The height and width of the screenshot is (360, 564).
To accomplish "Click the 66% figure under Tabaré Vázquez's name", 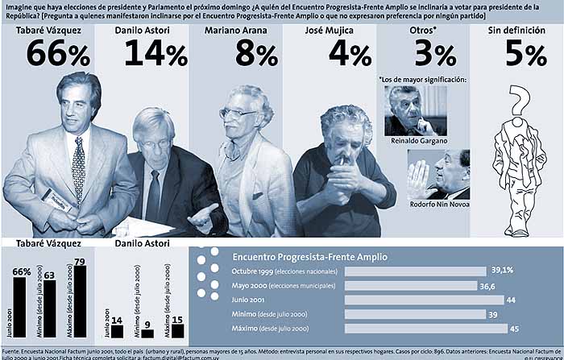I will point(58,53).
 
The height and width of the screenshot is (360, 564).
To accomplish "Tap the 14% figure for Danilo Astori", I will point(155,53).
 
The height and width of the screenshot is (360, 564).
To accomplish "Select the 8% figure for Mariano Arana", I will point(255,53).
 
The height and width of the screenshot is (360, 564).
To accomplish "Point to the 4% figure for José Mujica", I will point(349,53).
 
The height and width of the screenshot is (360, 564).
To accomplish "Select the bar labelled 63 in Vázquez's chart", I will point(50,309).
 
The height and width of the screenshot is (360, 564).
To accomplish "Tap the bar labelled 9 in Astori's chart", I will point(147,333).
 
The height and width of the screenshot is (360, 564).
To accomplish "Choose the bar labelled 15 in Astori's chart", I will point(178,331).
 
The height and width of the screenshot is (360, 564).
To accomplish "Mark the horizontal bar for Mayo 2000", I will point(409,285).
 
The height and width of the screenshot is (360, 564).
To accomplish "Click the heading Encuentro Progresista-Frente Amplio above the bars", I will point(309,256).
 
